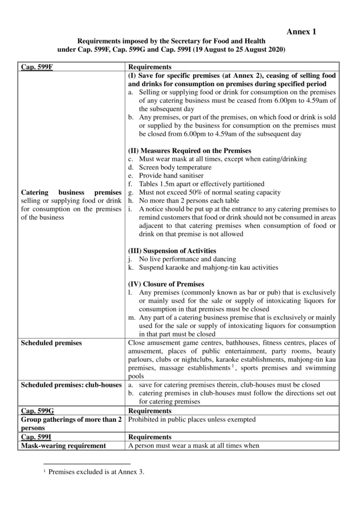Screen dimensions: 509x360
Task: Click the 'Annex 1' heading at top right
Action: pos(301,32)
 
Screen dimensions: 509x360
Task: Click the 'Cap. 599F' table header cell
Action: pos(37,67)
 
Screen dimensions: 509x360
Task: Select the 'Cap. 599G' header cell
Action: pos(37,411)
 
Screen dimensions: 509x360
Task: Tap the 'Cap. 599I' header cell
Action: pos(36,437)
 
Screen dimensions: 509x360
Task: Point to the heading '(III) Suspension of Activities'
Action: pos(172,250)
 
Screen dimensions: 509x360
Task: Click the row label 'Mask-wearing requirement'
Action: pos(63,446)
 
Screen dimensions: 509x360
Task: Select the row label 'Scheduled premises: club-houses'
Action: pos(71,385)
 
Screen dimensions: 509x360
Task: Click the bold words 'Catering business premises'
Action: pos(71,193)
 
